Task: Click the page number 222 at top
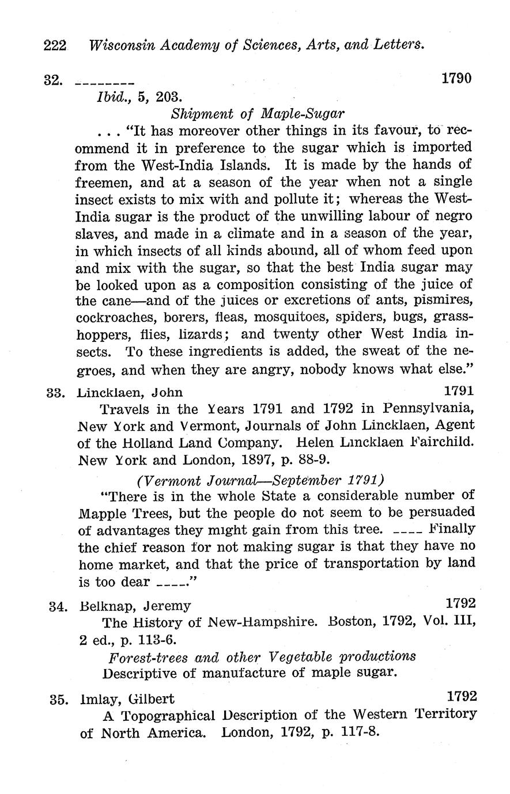point(55,45)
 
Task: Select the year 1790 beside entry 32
point(456,78)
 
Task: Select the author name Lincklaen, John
point(130,393)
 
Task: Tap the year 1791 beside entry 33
point(459,392)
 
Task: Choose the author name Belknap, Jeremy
point(134,606)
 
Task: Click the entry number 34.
point(58,606)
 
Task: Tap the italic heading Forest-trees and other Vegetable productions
point(262,656)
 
